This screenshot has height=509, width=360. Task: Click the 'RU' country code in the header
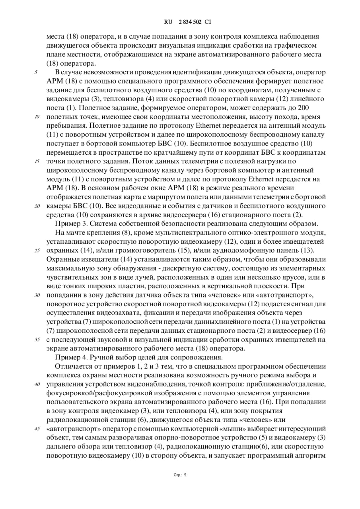click(168, 22)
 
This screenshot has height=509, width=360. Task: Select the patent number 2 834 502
click(186, 22)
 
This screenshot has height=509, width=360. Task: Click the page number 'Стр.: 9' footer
click(180, 474)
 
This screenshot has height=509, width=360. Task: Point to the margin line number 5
click(36, 72)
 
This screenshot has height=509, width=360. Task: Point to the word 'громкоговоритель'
click(132, 250)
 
